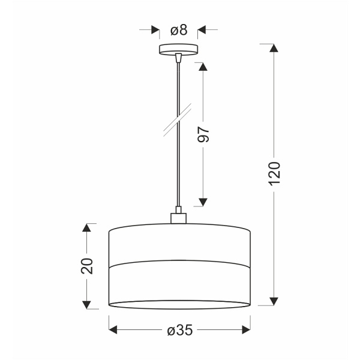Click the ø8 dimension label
(178, 29)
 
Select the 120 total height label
(274, 174)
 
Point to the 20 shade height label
(88, 265)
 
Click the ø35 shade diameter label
(179, 331)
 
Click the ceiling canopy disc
(178, 50)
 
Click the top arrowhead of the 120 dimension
(274, 49)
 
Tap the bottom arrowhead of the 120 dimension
(274, 301)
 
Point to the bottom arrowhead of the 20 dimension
(88, 303)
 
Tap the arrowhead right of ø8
(203, 29)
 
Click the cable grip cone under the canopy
(178, 58)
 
